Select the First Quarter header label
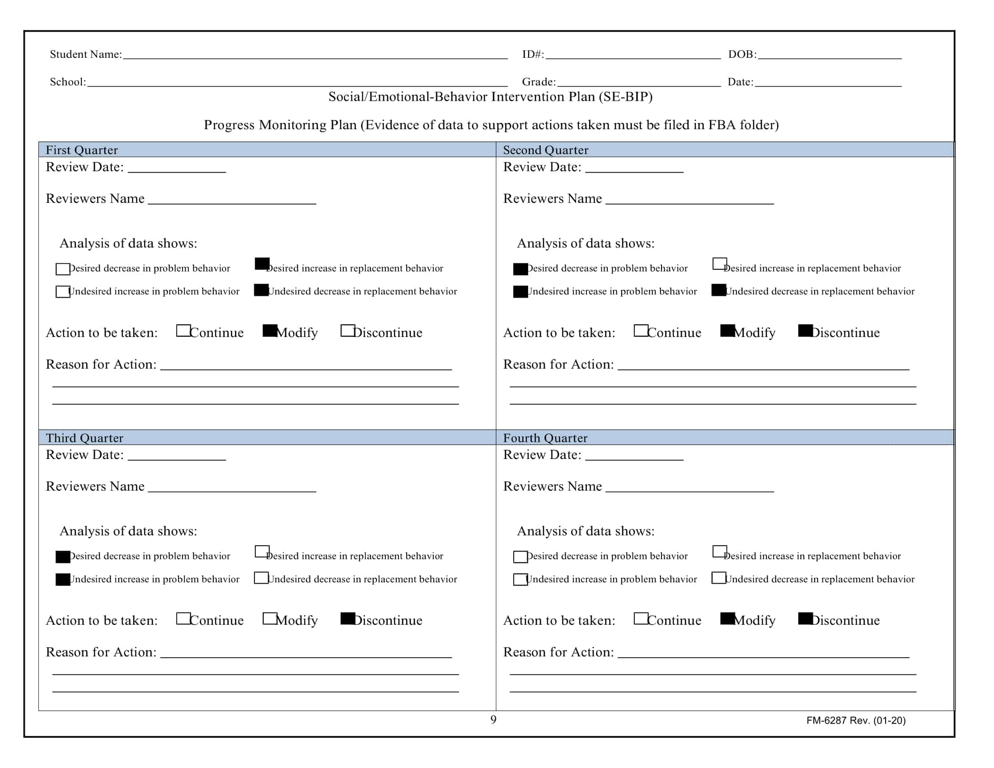click(81, 150)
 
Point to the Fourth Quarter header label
click(545, 438)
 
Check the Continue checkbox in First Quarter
click(183, 330)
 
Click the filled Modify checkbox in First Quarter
click(270, 330)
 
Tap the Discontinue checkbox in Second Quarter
click(805, 330)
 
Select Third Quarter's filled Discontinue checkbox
click(348, 618)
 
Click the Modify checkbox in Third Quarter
click(270, 618)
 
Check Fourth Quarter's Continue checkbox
click(640, 618)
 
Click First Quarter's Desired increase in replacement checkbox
click(262, 263)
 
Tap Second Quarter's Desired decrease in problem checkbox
click(520, 269)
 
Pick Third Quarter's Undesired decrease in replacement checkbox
click(261, 578)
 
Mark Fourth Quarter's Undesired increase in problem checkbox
click(520, 580)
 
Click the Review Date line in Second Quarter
click(634, 170)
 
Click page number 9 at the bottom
click(493, 719)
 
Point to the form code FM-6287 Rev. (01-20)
click(856, 720)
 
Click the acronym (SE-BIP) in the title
click(625, 97)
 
